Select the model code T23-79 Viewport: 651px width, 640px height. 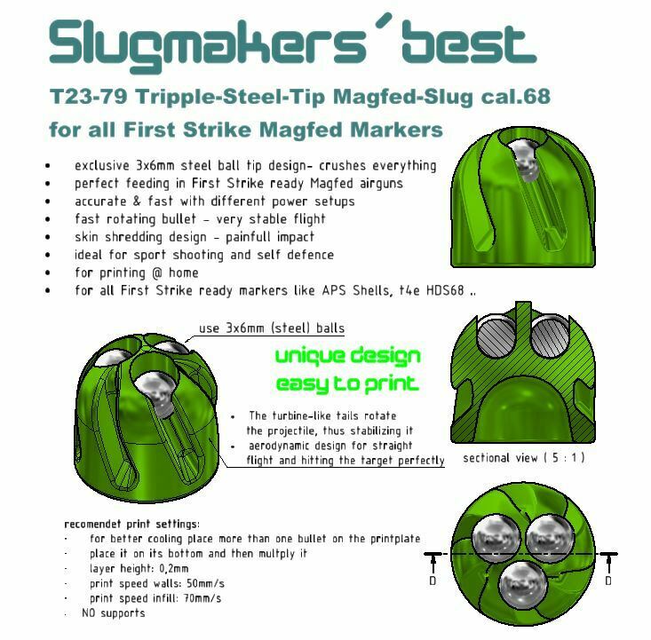[x=88, y=96]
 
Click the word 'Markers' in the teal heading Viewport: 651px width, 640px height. [x=396, y=130]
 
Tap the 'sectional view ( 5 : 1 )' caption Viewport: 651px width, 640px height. [x=523, y=457]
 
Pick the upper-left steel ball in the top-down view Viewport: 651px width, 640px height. [x=496, y=538]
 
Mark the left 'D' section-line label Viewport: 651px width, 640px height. [x=433, y=581]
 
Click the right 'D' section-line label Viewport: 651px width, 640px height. [x=607, y=581]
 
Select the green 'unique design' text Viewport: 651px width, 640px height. [x=348, y=356]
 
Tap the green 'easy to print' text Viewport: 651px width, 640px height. [x=347, y=384]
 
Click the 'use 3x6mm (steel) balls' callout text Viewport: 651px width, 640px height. [x=272, y=328]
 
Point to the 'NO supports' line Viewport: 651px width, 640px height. [x=114, y=612]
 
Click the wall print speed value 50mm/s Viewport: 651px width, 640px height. [x=205, y=583]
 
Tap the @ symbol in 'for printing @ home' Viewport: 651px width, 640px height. [x=157, y=273]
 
